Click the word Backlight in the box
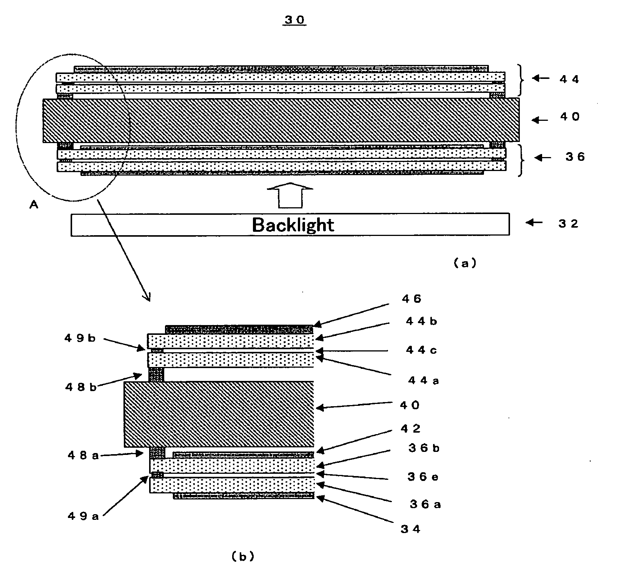point(293,225)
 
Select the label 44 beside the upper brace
point(569,79)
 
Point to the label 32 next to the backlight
point(569,223)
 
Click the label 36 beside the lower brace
point(575,157)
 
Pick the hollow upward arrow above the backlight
point(290,195)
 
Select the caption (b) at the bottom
point(242,556)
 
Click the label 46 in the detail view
point(411,299)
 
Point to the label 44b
point(421,321)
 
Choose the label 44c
point(421,350)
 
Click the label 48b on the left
point(81,387)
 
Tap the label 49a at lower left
point(83,516)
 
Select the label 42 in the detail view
point(411,428)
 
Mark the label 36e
point(423,477)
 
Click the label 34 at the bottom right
point(410,529)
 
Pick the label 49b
point(80,338)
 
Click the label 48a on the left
point(83,456)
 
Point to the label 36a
point(425,504)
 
